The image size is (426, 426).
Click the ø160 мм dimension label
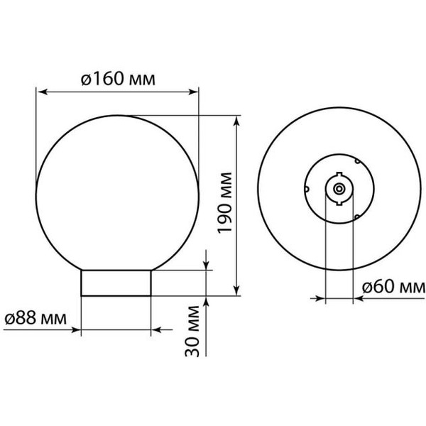click(119, 78)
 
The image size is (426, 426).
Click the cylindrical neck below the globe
click(116, 283)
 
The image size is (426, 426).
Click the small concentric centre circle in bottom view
click(339, 190)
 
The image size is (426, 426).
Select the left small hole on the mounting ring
click(307, 190)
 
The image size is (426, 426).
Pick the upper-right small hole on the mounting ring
click(356, 162)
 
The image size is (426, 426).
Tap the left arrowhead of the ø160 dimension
click(41, 92)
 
